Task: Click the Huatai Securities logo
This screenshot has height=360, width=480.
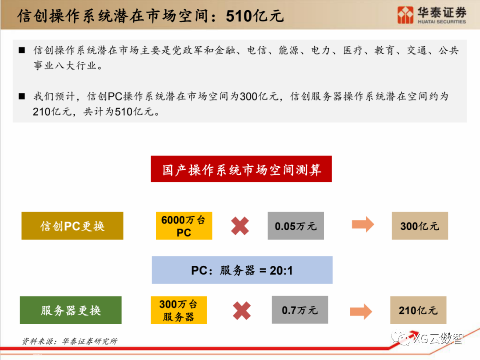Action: click(431, 15)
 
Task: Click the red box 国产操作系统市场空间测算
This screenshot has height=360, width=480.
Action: click(241, 169)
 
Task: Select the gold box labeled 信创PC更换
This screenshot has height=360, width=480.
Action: click(72, 226)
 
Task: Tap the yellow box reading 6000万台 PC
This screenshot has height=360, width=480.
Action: click(184, 226)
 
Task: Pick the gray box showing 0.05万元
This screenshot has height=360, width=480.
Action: click(296, 226)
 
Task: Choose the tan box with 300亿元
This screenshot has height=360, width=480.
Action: click(420, 226)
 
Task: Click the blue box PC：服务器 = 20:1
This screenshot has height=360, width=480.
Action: click(242, 270)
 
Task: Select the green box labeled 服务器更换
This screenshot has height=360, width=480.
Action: click(71, 310)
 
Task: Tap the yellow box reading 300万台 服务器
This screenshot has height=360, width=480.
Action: click(178, 310)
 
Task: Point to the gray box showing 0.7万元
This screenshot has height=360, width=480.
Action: click(300, 310)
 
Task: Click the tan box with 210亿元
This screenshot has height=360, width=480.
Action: click(418, 310)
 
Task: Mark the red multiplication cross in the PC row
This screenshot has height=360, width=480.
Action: click(240, 226)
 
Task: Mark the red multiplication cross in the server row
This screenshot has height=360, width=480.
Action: click(242, 311)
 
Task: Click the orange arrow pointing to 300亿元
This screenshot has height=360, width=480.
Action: click(363, 225)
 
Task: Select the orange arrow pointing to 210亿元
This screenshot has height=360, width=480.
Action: click(361, 311)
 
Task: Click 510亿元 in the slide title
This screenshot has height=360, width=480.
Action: click(255, 16)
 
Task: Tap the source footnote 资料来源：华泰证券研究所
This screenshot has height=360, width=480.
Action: click(70, 341)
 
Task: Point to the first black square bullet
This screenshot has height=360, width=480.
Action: click(21, 50)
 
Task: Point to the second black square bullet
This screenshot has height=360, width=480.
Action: click(21, 96)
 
